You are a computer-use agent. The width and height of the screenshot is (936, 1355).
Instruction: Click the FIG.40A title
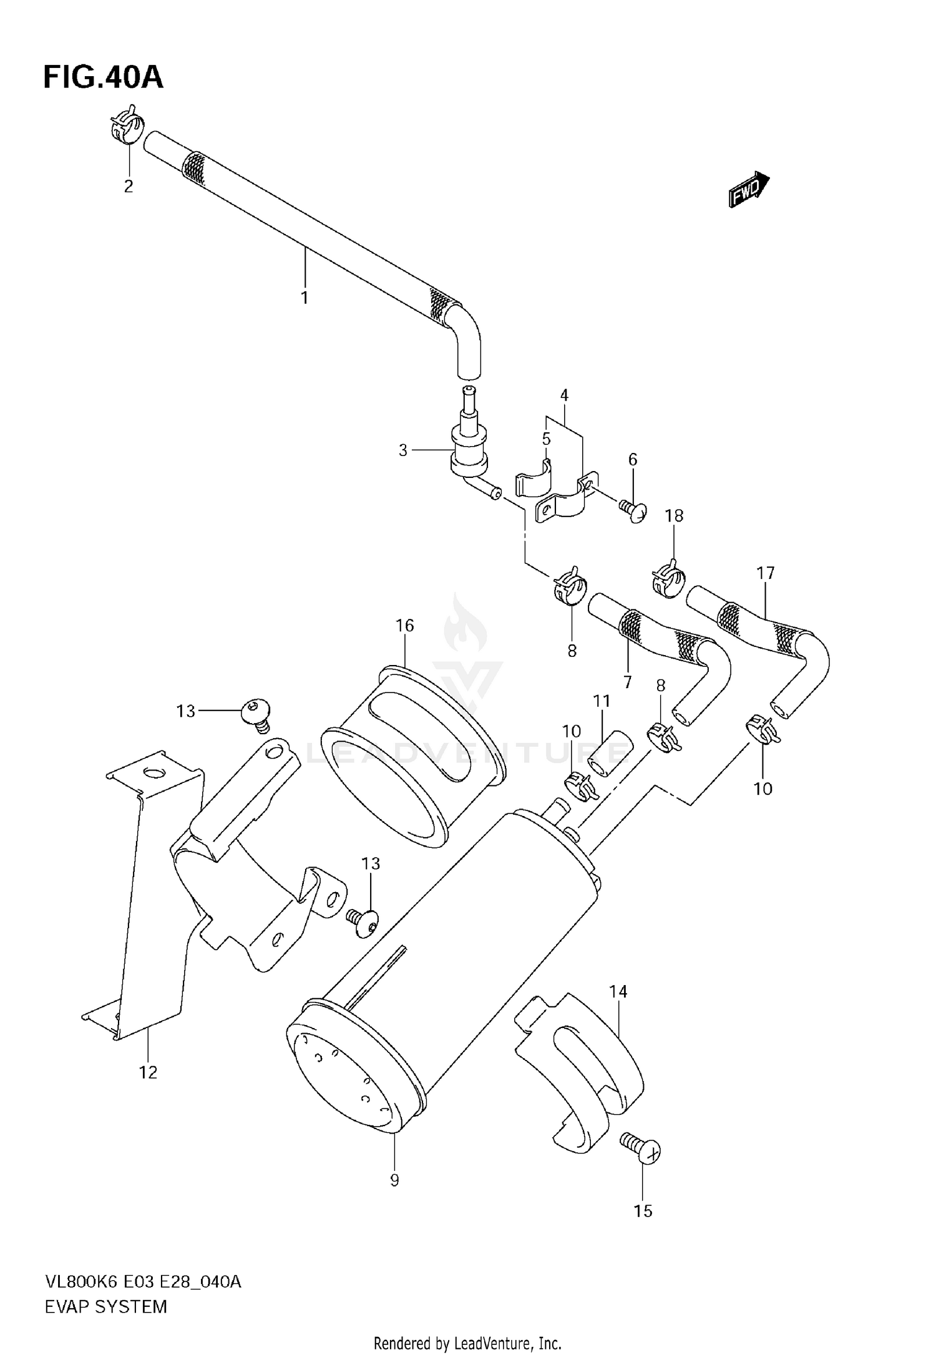103,78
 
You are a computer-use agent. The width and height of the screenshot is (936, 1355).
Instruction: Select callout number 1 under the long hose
305,298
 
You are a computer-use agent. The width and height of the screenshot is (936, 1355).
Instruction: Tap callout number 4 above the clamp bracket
564,395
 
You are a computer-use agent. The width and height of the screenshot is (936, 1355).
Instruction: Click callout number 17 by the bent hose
765,573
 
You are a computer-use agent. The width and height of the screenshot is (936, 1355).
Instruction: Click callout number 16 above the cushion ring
405,625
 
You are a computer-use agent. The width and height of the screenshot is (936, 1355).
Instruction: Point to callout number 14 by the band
618,991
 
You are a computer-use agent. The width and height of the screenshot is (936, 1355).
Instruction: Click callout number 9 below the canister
394,1180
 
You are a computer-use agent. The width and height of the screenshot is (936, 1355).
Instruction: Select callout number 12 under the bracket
148,1072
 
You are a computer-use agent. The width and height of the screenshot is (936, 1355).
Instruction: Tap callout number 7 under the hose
627,682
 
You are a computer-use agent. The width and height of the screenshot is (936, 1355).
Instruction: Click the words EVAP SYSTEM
105,1306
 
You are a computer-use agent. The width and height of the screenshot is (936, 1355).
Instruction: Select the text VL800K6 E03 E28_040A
142,1282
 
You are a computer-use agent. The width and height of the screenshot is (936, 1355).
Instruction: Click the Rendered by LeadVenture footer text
467,1343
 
